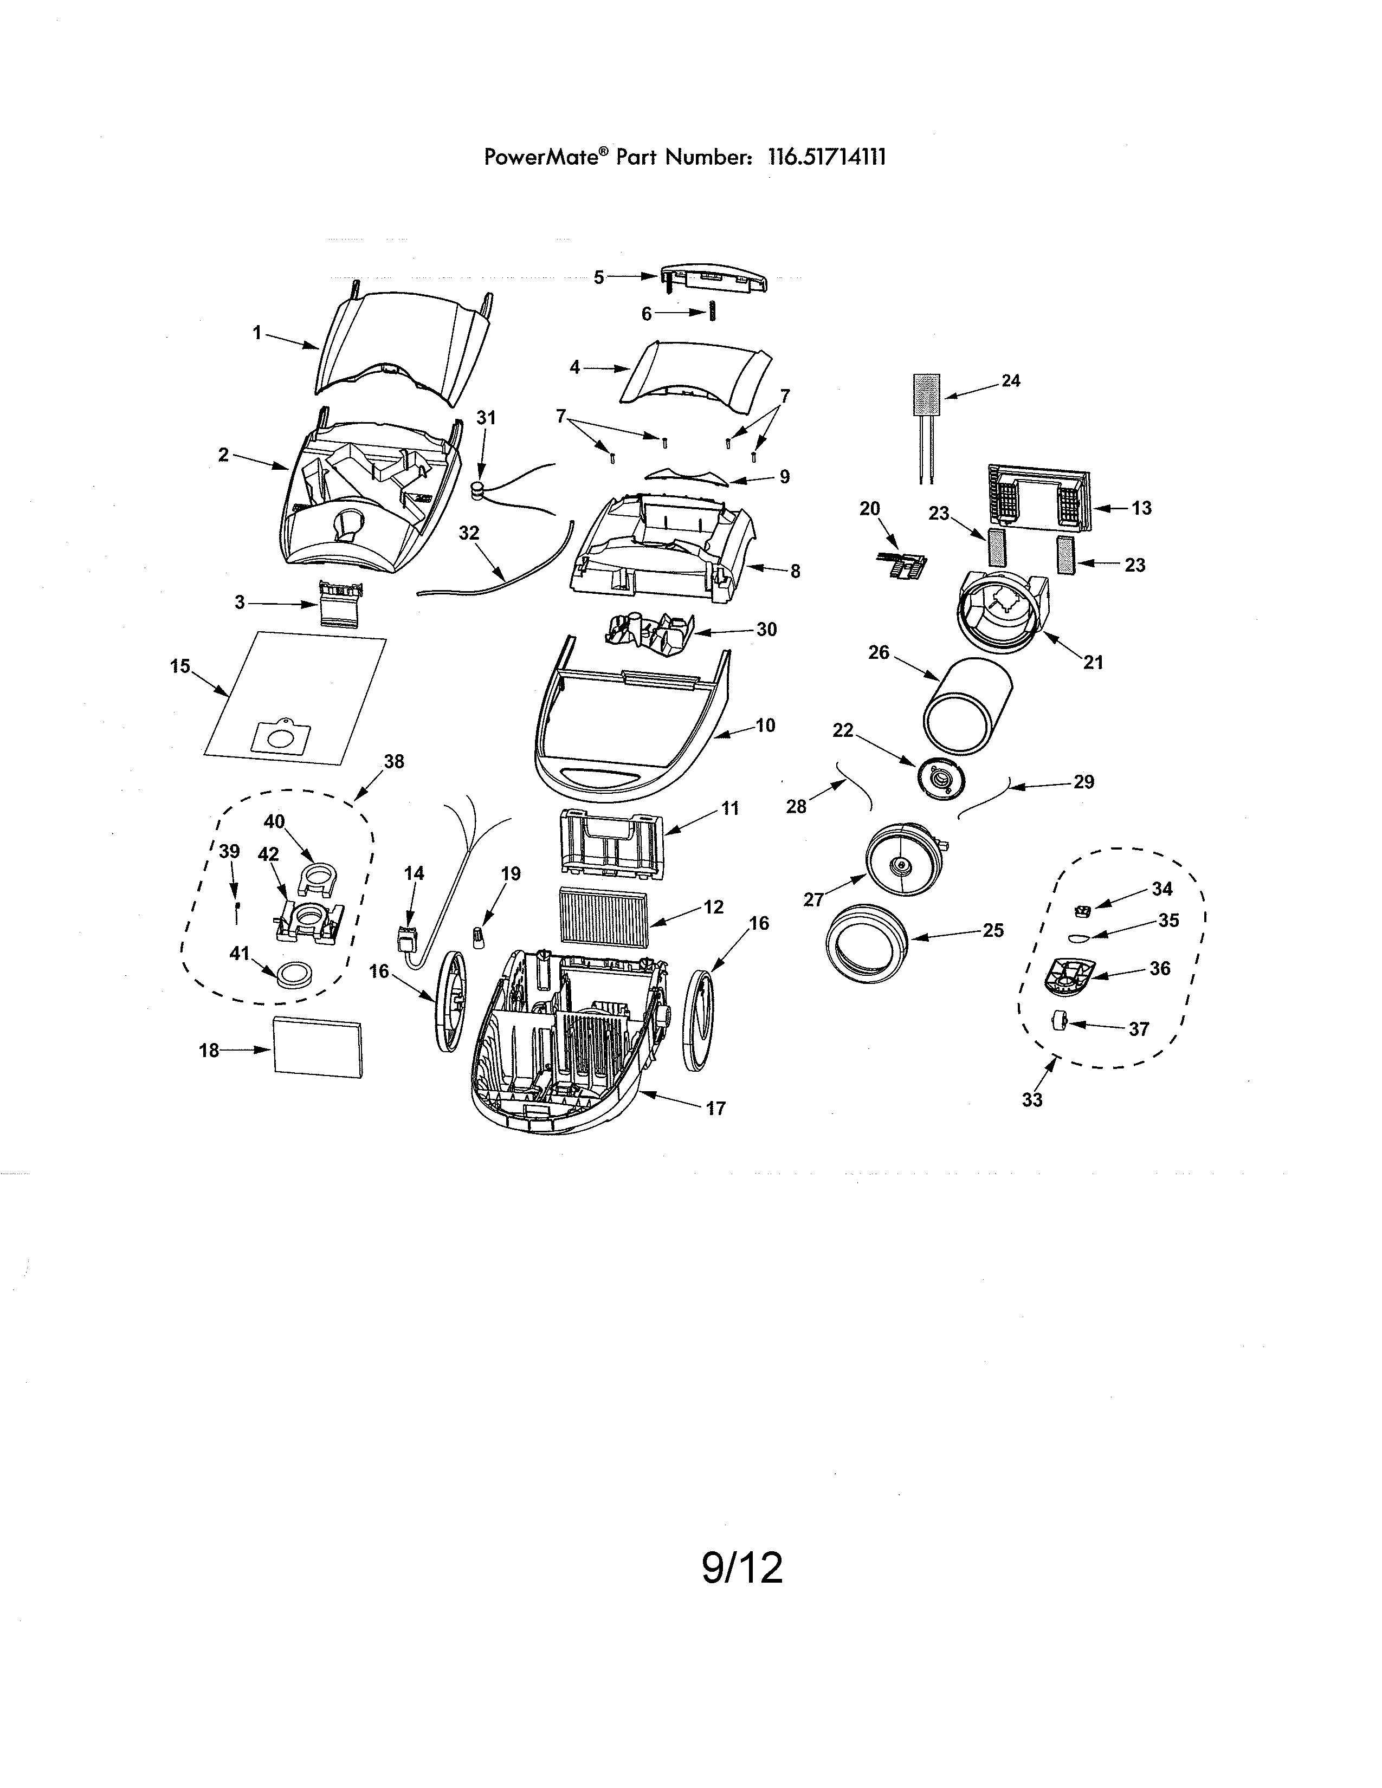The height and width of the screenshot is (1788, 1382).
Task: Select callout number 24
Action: (1011, 381)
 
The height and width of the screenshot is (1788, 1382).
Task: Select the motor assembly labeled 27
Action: (904, 861)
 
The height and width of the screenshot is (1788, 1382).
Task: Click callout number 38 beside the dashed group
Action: (394, 761)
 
